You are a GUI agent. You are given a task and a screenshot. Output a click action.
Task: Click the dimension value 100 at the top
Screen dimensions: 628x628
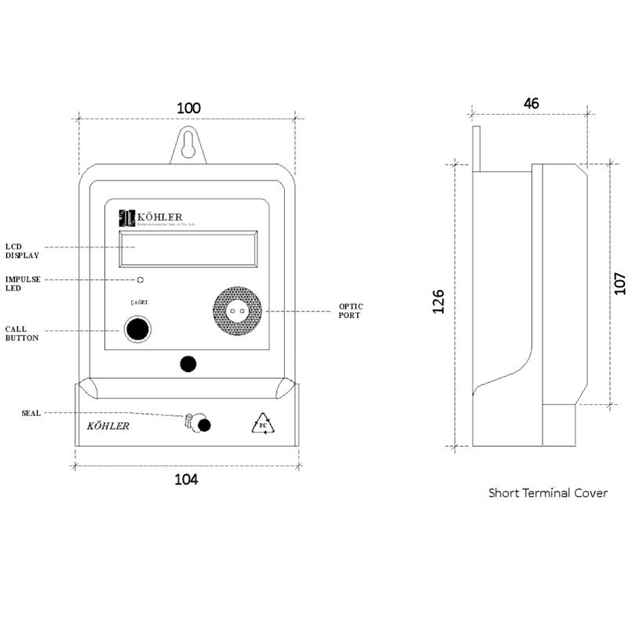click(x=188, y=108)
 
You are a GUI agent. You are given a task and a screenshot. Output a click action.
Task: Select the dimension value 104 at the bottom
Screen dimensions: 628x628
click(x=186, y=479)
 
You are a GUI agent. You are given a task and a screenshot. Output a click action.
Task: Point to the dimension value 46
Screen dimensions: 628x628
click(x=531, y=103)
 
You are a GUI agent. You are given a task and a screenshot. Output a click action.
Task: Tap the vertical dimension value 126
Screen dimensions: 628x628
click(x=438, y=301)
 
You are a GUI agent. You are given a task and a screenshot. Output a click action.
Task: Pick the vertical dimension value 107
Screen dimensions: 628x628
click(x=619, y=283)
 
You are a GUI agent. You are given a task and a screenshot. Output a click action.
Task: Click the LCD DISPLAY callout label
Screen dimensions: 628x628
click(x=23, y=250)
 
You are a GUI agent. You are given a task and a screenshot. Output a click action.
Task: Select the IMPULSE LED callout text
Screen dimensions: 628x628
click(x=23, y=283)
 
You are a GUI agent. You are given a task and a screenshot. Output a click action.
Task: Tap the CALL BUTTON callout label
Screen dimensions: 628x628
click(x=22, y=334)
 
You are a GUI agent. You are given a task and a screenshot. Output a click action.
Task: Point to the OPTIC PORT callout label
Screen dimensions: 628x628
click(x=351, y=310)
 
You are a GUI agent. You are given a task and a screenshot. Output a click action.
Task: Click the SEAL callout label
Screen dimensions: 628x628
click(x=31, y=413)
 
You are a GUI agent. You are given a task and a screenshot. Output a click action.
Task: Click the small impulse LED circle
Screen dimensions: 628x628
click(x=140, y=279)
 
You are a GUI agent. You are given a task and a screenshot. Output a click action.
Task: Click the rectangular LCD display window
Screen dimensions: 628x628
click(x=188, y=250)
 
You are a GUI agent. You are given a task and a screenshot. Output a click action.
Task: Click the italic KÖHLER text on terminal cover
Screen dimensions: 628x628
click(x=108, y=426)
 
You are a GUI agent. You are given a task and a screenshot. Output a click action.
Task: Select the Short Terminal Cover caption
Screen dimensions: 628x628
click(x=548, y=493)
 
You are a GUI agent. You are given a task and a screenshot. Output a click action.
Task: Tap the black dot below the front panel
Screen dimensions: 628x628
click(x=188, y=363)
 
